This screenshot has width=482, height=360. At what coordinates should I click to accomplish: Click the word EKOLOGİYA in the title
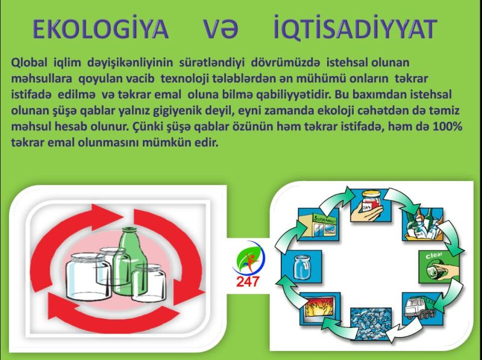click(x=101, y=28)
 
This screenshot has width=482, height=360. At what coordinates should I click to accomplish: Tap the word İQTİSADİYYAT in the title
click(x=355, y=28)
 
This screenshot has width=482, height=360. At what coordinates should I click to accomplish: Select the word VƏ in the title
click(x=221, y=29)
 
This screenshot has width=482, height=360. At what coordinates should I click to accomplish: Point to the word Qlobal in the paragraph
click(x=29, y=63)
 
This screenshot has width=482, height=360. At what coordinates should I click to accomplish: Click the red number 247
click(x=248, y=282)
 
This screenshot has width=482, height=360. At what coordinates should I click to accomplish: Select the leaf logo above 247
click(x=248, y=258)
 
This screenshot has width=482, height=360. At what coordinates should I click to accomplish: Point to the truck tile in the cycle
click(x=422, y=309)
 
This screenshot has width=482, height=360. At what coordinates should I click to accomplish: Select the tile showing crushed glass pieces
click(x=371, y=323)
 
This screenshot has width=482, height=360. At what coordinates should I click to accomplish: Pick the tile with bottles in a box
click(x=423, y=224)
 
